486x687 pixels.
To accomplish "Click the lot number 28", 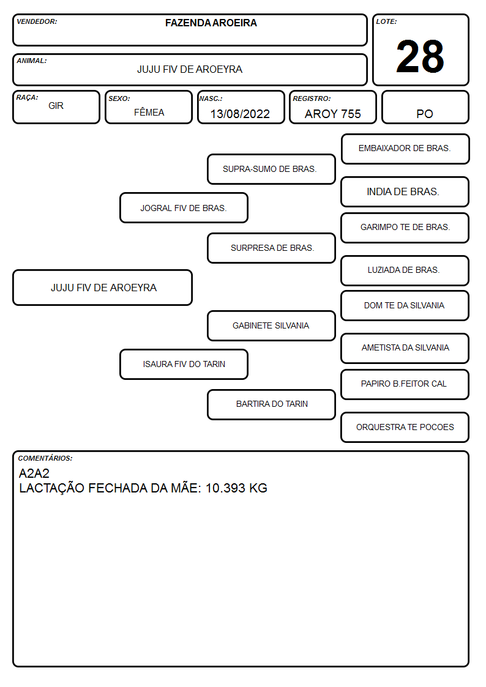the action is click(x=420, y=56).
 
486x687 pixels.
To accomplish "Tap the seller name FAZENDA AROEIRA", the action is click(x=211, y=23).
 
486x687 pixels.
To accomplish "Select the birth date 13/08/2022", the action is click(x=240, y=114).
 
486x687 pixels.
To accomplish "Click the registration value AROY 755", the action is click(x=332, y=114).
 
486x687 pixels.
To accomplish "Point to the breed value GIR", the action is click(x=56, y=106).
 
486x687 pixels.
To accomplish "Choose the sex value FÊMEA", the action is click(x=149, y=112).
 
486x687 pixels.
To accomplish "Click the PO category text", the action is click(x=425, y=114).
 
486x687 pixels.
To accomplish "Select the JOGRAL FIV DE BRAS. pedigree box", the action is click(x=184, y=207).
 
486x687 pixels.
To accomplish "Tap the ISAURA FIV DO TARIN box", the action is click(x=184, y=364).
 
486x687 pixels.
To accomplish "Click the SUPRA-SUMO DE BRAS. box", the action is click(x=271, y=169).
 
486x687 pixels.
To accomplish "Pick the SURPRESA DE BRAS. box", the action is click(x=271, y=248).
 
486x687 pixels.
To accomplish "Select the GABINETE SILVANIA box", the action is click(x=271, y=325).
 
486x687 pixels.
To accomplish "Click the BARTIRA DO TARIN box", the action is click(x=271, y=404).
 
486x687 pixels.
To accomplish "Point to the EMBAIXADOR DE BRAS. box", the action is click(x=405, y=149).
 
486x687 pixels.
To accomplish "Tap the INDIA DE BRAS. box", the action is click(x=405, y=191).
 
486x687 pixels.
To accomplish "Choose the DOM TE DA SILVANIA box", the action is click(x=405, y=305).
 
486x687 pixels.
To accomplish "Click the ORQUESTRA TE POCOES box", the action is click(x=405, y=427).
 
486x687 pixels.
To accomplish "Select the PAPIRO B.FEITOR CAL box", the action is click(x=405, y=384).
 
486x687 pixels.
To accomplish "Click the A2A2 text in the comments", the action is click(x=34, y=473).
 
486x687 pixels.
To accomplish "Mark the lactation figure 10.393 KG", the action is click(x=236, y=488).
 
